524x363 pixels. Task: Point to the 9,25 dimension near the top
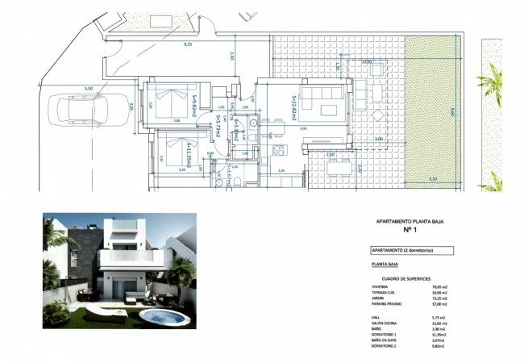coord(188,44)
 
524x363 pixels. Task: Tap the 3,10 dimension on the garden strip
coord(433,179)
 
